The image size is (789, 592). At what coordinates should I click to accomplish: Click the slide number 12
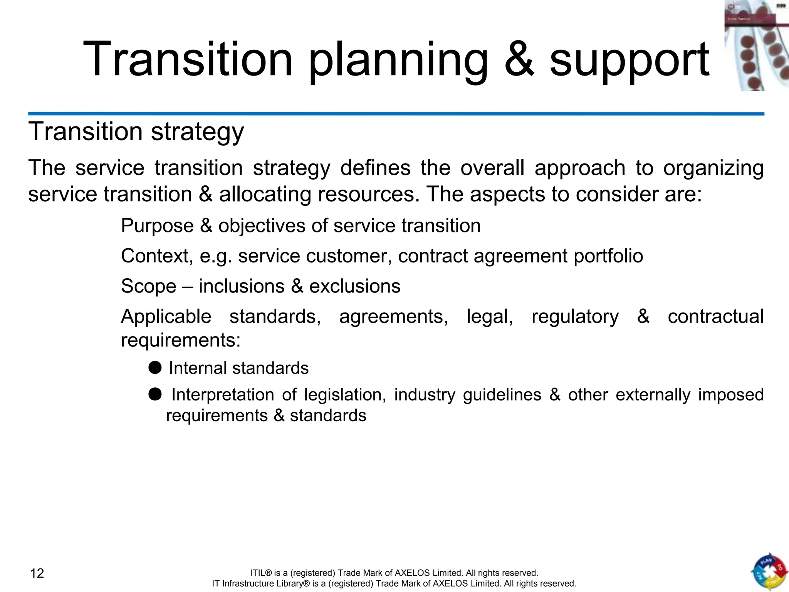[x=37, y=573]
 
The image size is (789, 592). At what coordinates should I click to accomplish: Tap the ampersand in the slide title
[x=519, y=60]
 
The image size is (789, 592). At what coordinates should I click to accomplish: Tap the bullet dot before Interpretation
[x=155, y=394]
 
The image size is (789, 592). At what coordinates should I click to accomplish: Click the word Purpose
[x=157, y=226]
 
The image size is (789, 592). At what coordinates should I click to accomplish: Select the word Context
[x=157, y=256]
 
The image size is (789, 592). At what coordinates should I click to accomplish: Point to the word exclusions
[x=355, y=286]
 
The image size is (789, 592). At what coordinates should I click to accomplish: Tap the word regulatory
[x=575, y=317]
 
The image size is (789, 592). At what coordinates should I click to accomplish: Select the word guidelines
[x=502, y=395]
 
